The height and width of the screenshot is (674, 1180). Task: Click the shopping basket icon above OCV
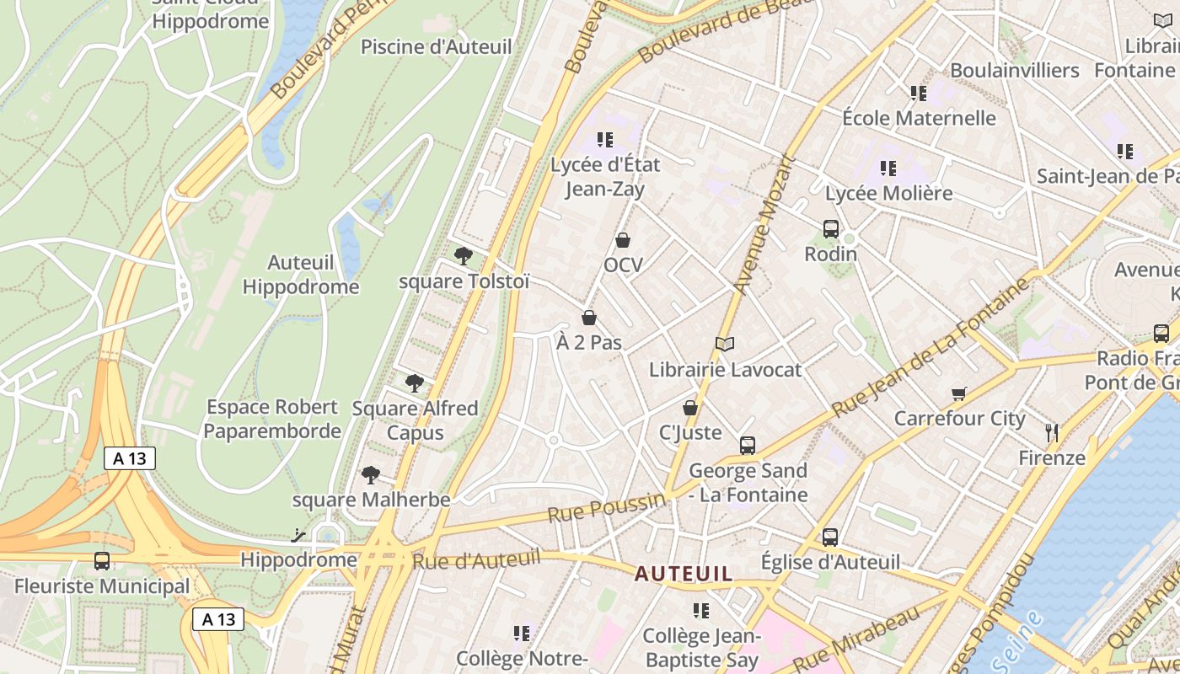[623, 241]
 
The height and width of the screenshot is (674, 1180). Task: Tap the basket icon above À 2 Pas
[589, 318]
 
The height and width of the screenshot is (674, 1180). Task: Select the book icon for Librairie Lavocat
[725, 344]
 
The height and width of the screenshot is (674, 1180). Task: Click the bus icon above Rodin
[830, 228]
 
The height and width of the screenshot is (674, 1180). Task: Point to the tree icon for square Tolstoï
[463, 256]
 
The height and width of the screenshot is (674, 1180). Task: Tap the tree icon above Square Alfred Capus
[414, 383]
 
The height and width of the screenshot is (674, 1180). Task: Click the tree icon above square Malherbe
[370, 475]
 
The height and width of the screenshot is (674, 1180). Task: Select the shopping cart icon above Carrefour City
[958, 393]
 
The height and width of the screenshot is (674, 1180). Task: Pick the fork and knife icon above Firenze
[1051, 433]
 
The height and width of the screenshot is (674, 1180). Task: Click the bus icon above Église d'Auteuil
[830, 537]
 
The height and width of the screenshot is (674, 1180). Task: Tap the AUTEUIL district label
[684, 574]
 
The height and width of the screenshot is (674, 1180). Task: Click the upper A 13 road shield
[130, 458]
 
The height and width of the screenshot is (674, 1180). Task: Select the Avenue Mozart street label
[764, 226]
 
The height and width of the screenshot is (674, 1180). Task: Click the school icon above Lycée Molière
[888, 168]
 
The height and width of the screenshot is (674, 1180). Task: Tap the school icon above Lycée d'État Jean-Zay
[604, 140]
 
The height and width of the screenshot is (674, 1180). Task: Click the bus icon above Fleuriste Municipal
[102, 560]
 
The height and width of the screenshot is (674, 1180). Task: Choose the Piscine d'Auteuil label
[436, 46]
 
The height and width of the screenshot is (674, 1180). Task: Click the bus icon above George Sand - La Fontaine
[748, 446]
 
